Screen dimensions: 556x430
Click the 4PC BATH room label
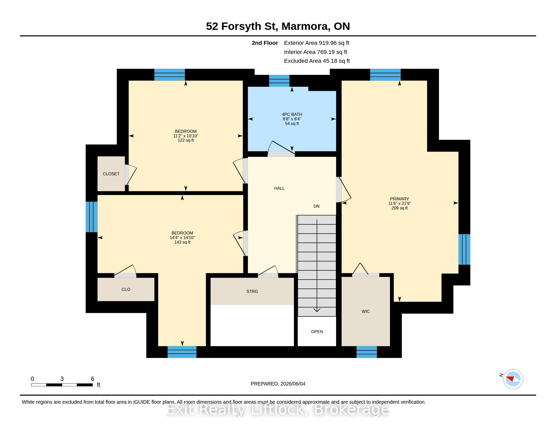292,114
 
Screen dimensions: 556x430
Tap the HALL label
279,188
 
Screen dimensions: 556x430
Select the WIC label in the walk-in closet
366,311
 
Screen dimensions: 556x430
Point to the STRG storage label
252,291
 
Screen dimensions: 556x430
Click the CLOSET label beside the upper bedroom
111,174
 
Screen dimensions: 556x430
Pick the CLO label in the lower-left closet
126,289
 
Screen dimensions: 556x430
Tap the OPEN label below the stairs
317,332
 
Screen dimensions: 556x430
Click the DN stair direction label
316,206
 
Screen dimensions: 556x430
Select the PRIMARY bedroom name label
399,199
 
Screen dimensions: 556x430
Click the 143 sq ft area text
182,242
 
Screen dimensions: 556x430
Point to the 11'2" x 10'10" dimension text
186,136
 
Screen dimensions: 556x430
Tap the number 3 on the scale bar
62,379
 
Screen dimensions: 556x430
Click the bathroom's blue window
279,81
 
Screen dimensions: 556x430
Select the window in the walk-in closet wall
367,352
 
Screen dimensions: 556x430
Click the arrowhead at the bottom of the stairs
317,310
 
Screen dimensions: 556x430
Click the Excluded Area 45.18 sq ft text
317,61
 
